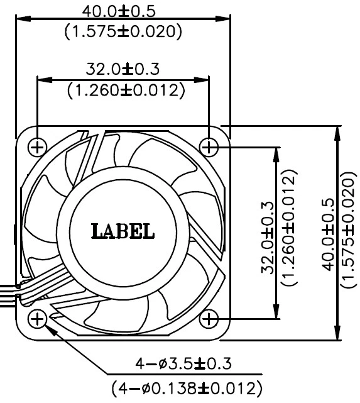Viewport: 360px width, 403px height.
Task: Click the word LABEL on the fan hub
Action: [123, 231]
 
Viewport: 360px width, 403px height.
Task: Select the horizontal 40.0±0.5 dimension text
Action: [123, 11]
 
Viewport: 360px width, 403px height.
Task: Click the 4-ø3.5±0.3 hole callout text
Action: [183, 364]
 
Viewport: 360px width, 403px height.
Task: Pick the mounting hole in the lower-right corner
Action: [209, 319]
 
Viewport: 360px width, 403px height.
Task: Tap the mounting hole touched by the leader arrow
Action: [38, 319]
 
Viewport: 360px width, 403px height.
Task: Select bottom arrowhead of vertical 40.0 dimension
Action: [339, 336]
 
